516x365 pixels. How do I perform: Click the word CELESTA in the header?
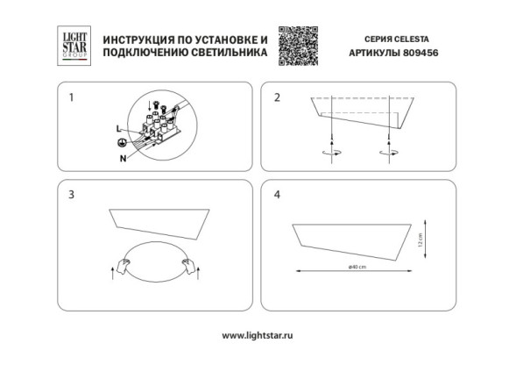414,39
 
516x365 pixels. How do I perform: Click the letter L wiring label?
120,128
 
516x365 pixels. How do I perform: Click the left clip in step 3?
126,261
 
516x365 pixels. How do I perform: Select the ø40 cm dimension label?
357,266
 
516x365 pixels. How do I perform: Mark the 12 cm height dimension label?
421,239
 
